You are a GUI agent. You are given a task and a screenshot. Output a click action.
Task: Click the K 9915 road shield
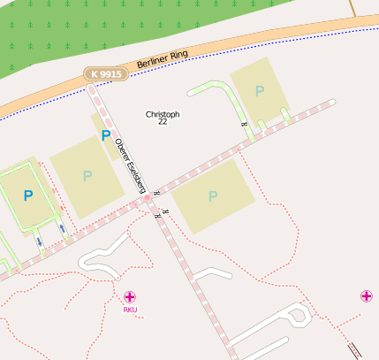click(x=105, y=74)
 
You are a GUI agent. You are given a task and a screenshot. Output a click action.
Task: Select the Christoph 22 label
click(x=162, y=118)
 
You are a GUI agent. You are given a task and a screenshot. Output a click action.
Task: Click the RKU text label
click(x=130, y=310)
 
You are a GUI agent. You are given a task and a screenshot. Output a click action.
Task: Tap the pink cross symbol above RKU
click(x=130, y=296)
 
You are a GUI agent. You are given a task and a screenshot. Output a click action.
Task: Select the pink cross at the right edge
click(x=367, y=295)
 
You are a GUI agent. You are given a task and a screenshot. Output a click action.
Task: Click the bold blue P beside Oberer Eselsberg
click(x=106, y=136)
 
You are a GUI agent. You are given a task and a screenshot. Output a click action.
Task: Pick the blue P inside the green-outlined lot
click(x=27, y=195)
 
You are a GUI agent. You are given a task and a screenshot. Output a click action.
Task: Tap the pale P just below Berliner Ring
click(x=260, y=91)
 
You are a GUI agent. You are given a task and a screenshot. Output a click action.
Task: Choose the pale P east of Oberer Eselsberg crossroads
click(x=213, y=196)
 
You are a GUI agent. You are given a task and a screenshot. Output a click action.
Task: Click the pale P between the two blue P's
click(x=87, y=176)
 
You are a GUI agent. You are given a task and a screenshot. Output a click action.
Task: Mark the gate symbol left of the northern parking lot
click(x=243, y=125)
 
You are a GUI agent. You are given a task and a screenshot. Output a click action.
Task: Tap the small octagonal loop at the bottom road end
click(x=299, y=314)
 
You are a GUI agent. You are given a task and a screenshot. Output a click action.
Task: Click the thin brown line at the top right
click(x=352, y=8)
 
